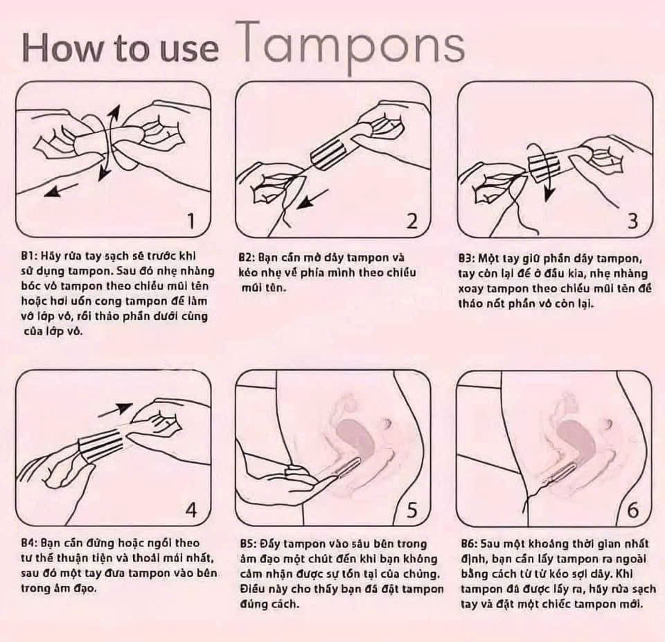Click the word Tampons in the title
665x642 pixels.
(x=353, y=46)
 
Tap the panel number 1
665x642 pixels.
(x=191, y=220)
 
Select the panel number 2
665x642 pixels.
(x=411, y=220)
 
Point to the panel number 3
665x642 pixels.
(x=632, y=220)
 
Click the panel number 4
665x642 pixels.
(x=191, y=510)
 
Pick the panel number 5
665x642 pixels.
(x=411, y=510)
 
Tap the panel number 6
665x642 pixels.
(x=632, y=510)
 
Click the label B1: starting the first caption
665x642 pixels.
(x=30, y=256)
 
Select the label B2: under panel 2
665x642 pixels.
(x=247, y=258)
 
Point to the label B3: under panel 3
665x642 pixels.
(x=467, y=258)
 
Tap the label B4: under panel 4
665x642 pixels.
(x=30, y=543)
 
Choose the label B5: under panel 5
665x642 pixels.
(x=249, y=544)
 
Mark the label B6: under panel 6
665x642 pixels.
(x=470, y=544)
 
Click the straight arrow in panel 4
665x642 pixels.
(x=116, y=409)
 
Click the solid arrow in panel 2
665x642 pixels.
(x=312, y=199)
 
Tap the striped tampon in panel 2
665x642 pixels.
(x=332, y=152)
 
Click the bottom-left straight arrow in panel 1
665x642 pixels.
(x=62, y=190)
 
